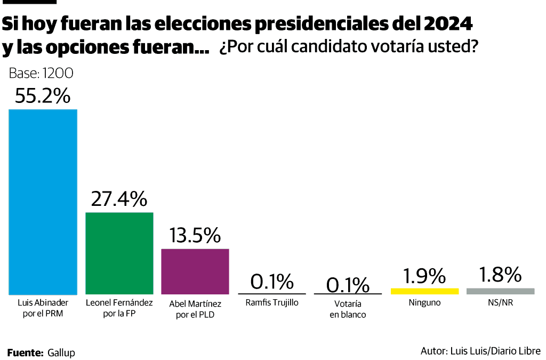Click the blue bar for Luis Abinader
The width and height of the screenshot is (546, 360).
pos(43,202)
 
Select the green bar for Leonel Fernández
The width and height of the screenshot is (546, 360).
pos(119,253)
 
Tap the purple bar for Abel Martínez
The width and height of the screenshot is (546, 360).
pos(195,271)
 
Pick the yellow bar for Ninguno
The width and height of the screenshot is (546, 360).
pos(424,291)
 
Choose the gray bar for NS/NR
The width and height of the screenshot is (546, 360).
pos(500,291)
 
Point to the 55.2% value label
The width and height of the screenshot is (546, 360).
pos(43,96)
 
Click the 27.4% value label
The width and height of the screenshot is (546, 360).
pos(119,199)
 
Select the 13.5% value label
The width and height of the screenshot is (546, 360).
pos(195,235)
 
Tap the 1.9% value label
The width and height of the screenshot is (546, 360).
pos(424,276)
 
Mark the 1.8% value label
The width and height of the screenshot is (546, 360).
pos(500,275)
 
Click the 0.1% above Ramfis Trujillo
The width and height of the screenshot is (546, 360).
pos(272,281)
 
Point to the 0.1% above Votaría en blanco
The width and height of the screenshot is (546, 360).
pos(348,285)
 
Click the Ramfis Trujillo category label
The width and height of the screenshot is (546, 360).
pos(272,303)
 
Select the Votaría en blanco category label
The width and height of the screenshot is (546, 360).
pos(348,309)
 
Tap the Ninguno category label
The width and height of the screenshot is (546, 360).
pos(424,303)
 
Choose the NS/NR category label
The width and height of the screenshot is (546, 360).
pos(500,303)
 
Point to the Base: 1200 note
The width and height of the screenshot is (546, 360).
pos(41,74)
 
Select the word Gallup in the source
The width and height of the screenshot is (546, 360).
pos(61,353)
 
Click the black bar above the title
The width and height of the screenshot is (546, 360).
pos(29,2)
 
